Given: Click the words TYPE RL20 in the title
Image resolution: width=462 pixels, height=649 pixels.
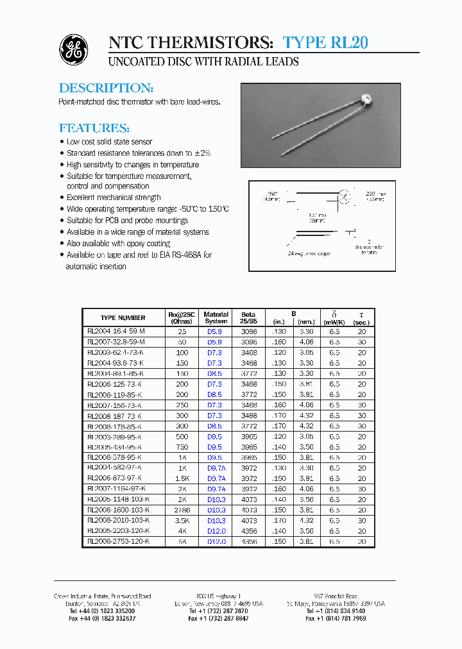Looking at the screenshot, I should click(325, 43).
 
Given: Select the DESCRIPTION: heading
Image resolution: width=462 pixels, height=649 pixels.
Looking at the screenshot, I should click(106, 88).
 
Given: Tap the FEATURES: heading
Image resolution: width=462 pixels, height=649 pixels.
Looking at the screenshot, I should click(94, 128).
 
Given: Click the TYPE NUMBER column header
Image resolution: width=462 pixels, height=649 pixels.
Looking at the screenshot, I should click(123, 317).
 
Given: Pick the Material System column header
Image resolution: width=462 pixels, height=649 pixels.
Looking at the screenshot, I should click(216, 317).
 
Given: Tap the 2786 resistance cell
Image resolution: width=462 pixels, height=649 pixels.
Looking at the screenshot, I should click(183, 510).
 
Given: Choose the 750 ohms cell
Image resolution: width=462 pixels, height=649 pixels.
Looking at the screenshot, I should click(183, 447).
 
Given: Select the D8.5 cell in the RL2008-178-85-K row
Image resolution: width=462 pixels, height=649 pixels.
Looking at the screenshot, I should click(215, 426).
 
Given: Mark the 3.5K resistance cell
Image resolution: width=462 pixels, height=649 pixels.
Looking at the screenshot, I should click(183, 520).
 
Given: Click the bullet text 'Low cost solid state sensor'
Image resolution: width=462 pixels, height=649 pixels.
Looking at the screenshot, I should click(109, 142).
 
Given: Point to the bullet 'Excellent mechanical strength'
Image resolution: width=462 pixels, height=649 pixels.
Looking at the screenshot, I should click(114, 198).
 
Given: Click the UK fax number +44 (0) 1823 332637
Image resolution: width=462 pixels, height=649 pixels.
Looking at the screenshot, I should click(103, 618).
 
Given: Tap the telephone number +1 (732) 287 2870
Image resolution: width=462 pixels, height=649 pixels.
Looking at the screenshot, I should click(218, 611).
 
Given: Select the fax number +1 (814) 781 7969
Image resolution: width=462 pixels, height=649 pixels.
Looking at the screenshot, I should click(336, 618).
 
